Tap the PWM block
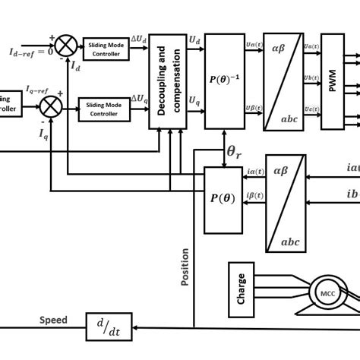332,81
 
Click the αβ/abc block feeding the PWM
283,81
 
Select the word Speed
53,320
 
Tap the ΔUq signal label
139,99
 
